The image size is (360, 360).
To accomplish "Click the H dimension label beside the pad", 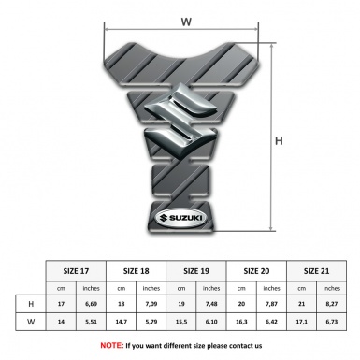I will pos(279,141).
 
